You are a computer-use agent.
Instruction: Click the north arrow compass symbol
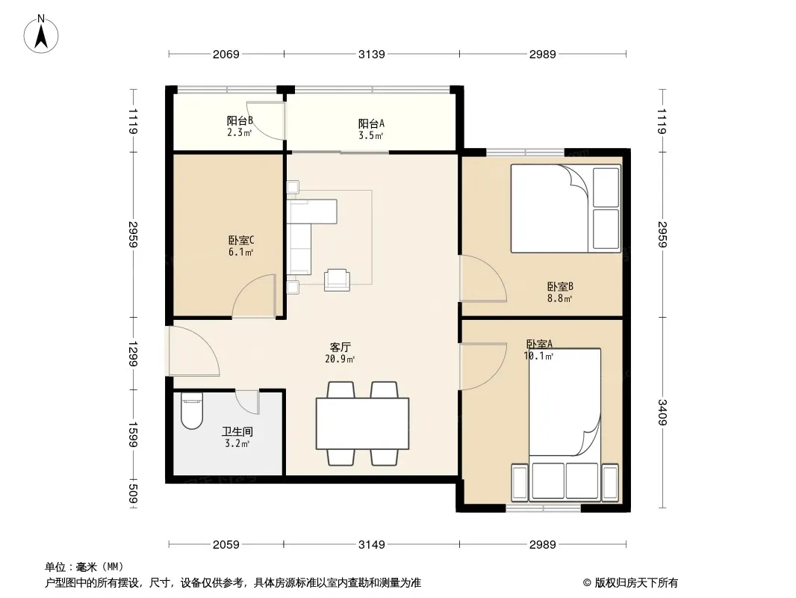(41, 34)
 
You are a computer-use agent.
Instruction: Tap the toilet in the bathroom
(191, 410)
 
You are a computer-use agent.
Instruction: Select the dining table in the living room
(362, 424)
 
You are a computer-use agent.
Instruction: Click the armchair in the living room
(337, 280)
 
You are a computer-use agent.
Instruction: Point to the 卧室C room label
(241, 240)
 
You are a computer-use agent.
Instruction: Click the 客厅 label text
(340, 348)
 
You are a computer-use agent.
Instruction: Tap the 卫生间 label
(237, 432)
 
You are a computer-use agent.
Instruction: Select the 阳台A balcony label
(371, 123)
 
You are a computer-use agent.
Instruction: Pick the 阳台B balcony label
(240, 121)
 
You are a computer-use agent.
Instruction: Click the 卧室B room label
(560, 286)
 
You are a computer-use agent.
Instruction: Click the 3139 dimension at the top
(372, 54)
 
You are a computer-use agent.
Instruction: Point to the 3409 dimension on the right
(662, 413)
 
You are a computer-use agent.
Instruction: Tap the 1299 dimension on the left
(132, 354)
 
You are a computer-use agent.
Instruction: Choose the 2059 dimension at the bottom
(226, 545)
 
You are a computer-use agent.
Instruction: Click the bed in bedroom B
(565, 208)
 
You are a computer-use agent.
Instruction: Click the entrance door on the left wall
(193, 351)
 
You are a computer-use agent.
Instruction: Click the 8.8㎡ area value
(559, 299)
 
